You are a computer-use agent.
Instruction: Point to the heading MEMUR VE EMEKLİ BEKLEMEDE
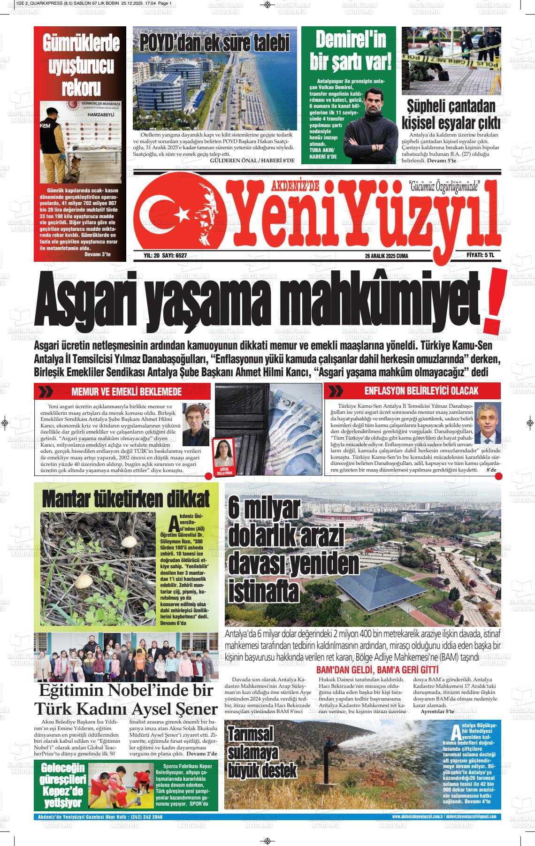[x=126, y=392]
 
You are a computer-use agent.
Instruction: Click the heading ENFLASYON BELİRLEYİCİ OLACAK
[x=421, y=391]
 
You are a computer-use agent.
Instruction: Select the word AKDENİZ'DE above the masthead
[x=294, y=187]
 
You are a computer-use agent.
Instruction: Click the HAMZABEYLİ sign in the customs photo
[x=89, y=114]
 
